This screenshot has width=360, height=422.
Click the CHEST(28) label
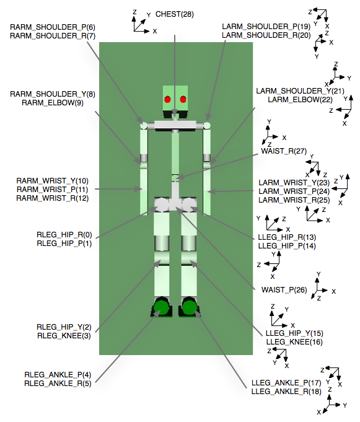coord(175,14)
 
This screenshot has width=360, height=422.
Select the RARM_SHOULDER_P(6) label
coord(53,27)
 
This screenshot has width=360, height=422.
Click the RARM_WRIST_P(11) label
coord(53,189)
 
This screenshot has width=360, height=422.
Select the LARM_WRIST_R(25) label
coord(294,200)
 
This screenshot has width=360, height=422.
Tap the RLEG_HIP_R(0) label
coord(64,235)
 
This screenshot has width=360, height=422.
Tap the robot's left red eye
coord(167,100)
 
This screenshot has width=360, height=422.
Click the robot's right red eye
coord(183,100)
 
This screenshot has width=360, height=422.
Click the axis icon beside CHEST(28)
coord(140,22)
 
